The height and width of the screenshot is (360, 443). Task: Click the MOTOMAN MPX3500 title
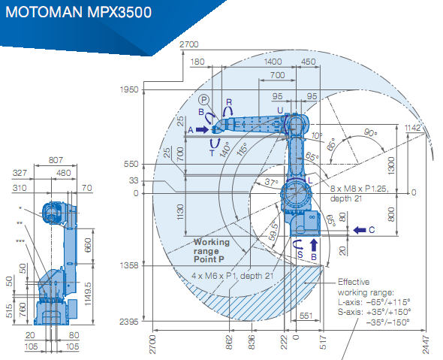click(79, 13)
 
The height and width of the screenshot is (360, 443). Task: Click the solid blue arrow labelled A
click(202, 130)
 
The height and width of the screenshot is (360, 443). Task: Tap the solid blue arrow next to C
click(360, 230)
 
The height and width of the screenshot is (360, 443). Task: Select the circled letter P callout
click(203, 99)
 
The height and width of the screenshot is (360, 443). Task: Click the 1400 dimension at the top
click(273, 62)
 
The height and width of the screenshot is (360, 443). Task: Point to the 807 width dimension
click(56, 160)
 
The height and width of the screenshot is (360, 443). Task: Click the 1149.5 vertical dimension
click(88, 294)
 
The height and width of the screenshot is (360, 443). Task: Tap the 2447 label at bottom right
click(426, 345)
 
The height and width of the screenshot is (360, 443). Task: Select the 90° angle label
click(370, 132)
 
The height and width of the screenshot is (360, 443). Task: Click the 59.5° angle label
click(273, 231)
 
